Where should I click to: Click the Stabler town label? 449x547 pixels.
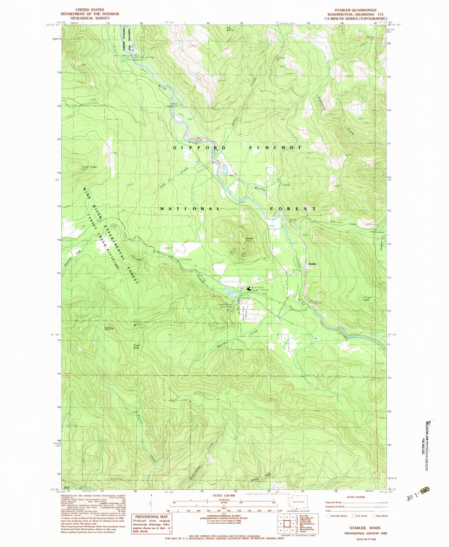tap(312, 264)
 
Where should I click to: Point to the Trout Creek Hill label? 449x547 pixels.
tap(89, 168)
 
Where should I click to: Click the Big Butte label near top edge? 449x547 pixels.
tap(230, 29)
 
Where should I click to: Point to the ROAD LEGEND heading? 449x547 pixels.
tap(355, 497)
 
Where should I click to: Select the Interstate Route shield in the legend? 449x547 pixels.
tap(328, 516)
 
